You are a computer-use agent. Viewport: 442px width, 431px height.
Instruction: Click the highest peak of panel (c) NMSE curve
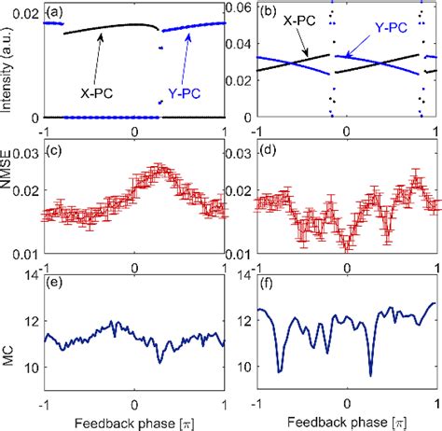click(x=160, y=167)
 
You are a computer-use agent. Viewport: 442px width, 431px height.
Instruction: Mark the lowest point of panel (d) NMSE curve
click(x=347, y=247)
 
